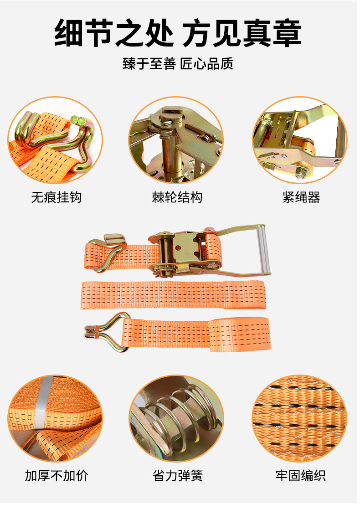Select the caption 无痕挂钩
coord(57,197)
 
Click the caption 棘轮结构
coord(178,197)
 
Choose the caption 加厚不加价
coord(57,476)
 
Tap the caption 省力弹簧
coord(178,476)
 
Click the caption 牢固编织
coord(301,476)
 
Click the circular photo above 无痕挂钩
coord(55,140)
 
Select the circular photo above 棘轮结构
coord(176,140)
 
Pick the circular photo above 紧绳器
coord(300,140)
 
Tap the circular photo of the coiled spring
coord(177,419)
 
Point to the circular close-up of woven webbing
coord(300,419)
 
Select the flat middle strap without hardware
coord(173,295)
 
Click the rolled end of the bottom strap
coord(240,334)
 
